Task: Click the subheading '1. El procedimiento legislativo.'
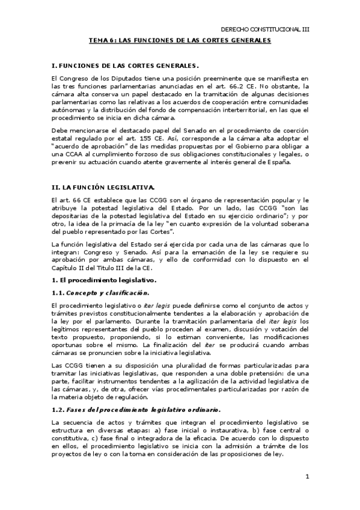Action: coord(96,280)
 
